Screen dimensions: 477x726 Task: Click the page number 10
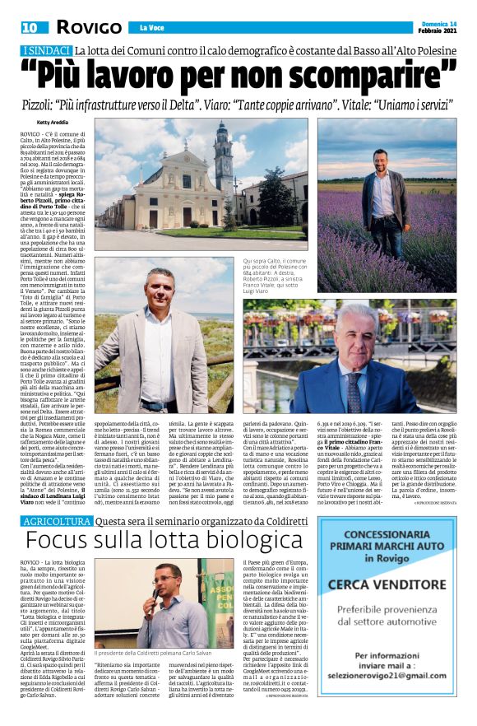17,27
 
